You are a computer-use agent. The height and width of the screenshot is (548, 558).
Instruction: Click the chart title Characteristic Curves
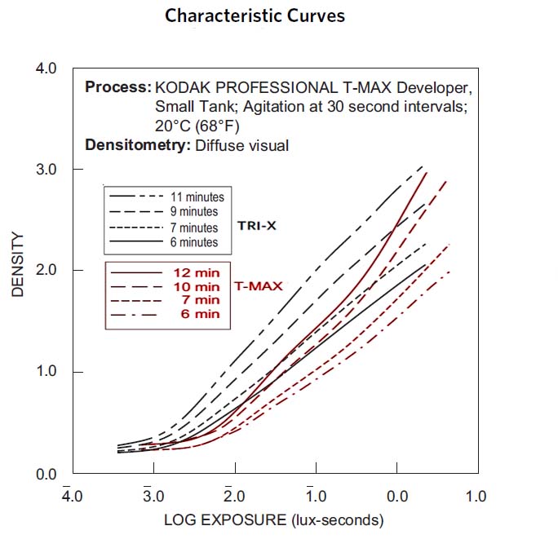click(x=255, y=16)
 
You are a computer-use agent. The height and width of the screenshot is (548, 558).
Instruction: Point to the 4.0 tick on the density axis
click(x=46, y=68)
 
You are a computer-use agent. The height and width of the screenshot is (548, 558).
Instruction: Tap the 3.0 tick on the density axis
click(x=46, y=170)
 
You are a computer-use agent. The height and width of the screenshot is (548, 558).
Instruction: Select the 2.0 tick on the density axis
click(x=46, y=271)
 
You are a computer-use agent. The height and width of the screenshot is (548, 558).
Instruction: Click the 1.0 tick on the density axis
click(x=46, y=372)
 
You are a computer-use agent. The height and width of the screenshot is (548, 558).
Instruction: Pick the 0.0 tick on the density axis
click(x=46, y=474)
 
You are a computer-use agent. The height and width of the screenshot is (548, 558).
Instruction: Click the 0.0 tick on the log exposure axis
click(x=396, y=496)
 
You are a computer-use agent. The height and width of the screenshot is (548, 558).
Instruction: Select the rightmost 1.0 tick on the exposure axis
click(x=476, y=496)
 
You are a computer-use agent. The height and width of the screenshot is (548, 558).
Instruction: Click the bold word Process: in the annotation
click(x=117, y=87)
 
